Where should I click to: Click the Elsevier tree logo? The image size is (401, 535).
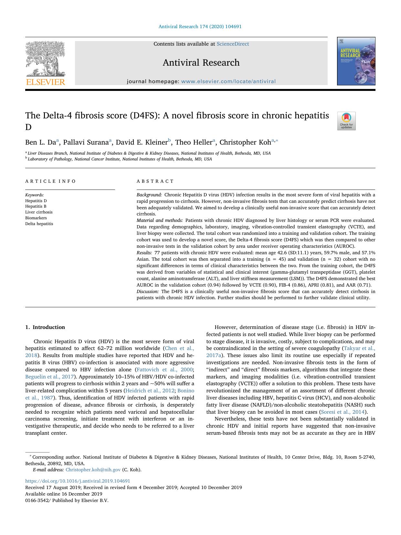[x=45, y=63]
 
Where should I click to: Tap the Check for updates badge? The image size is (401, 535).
[x=346, y=121]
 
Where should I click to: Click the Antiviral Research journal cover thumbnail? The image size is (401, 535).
[x=356, y=61]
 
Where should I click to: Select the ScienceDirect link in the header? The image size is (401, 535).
[x=233, y=44]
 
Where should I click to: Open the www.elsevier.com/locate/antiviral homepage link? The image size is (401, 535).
[x=228, y=82]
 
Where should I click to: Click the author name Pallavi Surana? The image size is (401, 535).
[x=86, y=142]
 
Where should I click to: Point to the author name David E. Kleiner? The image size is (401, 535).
[x=142, y=142]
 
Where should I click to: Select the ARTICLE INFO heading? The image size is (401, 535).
[x=50, y=181]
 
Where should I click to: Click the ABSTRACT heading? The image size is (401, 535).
[x=155, y=181]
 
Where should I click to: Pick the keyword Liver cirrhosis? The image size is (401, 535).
[x=39, y=212]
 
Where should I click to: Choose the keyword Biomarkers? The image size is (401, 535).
[x=36, y=218]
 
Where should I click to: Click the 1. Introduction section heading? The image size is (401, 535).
[x=45, y=327]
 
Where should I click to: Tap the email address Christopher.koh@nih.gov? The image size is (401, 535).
[x=93, y=470]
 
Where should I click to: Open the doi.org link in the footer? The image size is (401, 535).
[x=78, y=481]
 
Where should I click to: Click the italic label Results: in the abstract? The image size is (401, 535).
[x=144, y=253]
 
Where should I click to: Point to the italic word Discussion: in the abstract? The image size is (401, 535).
[x=148, y=291]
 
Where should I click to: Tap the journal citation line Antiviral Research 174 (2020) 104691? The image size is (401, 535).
[x=200, y=27]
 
